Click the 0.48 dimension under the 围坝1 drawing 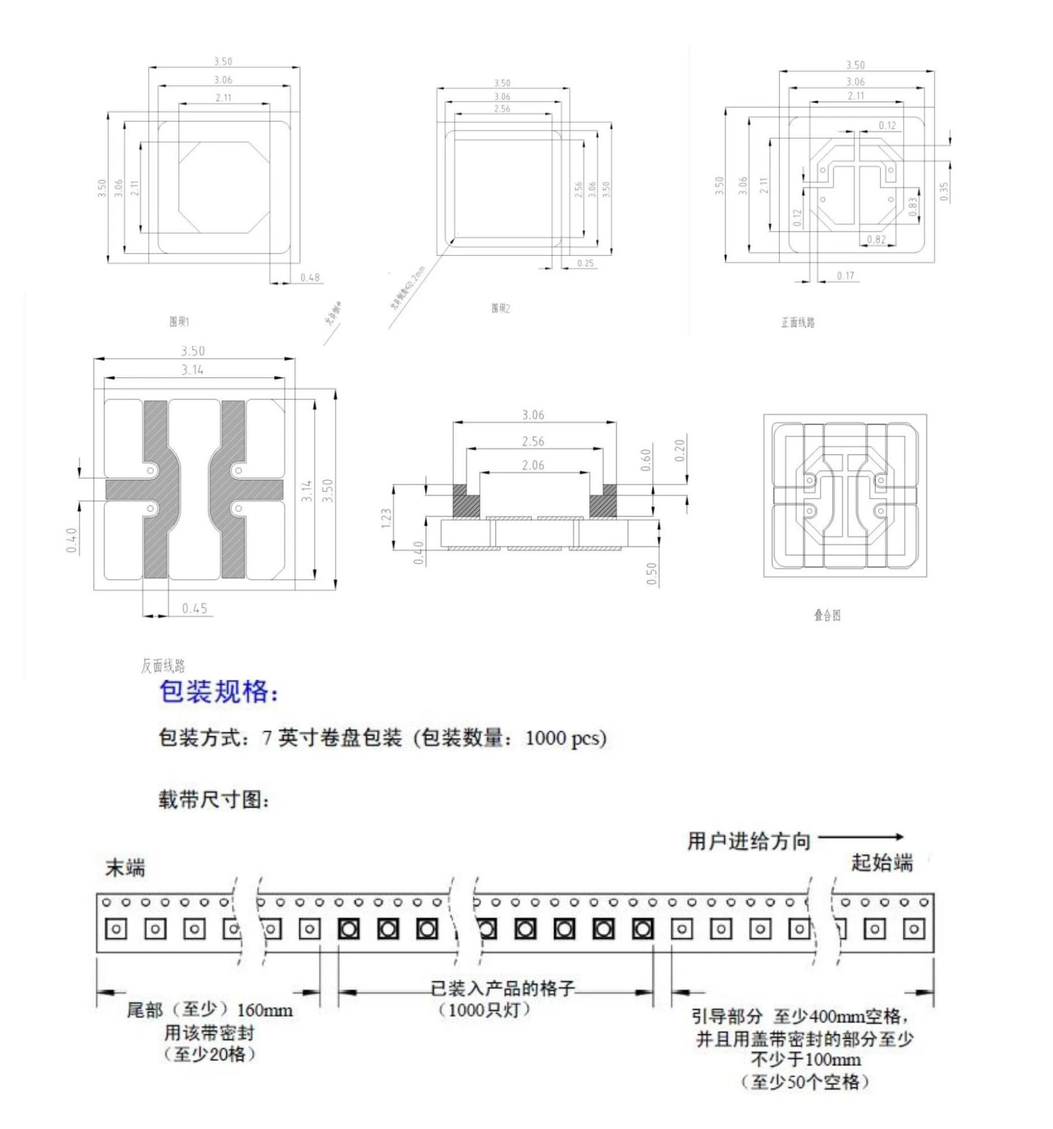click(309, 278)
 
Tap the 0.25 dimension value click(585, 263)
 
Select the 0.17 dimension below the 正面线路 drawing click(845, 276)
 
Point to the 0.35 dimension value click(943, 191)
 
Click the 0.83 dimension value click(913, 207)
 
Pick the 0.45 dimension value click(195, 609)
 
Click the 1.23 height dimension click(386, 518)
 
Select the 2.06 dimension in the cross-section click(533, 465)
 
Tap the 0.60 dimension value click(646, 460)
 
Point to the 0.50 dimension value click(652, 573)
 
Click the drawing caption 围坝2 click(501, 308)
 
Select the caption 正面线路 click(798, 323)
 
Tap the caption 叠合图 click(827, 616)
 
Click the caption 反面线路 click(163, 666)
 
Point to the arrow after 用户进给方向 click(861, 837)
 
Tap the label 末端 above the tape click(125, 868)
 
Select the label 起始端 click(882, 863)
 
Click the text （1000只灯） click(484, 1010)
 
